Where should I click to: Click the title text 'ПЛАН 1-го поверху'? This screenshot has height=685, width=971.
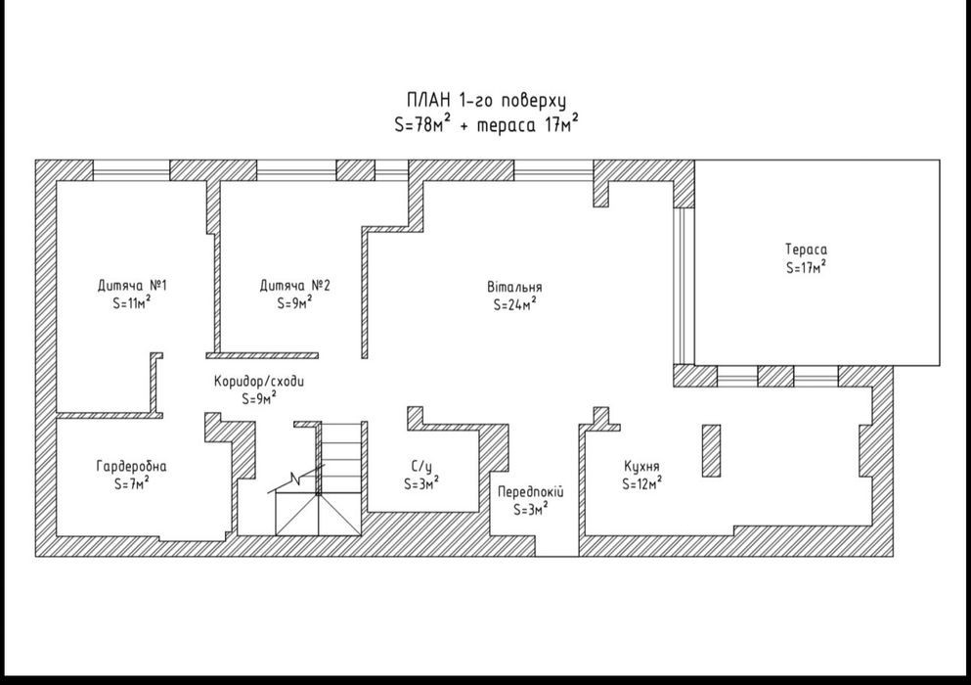click(486, 101)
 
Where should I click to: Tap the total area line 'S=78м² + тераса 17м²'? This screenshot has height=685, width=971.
click(486, 124)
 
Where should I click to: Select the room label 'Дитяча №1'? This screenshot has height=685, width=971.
click(132, 286)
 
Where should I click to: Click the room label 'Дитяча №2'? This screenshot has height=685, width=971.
click(294, 286)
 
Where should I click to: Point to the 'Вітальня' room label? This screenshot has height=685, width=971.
click(514, 287)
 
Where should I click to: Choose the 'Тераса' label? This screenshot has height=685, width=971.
click(807, 250)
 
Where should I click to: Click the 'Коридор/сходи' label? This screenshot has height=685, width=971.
click(259, 381)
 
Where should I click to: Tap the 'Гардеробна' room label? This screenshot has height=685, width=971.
click(131, 466)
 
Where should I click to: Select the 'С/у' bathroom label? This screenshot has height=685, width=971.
click(421, 466)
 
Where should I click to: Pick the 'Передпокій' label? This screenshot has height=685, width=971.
click(531, 492)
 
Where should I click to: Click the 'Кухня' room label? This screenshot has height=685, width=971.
click(641, 466)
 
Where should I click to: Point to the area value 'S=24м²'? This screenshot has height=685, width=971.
click(514, 303)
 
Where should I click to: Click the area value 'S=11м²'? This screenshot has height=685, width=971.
click(132, 303)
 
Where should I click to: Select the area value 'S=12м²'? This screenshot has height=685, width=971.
click(642, 482)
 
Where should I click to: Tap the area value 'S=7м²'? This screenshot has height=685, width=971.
click(131, 482)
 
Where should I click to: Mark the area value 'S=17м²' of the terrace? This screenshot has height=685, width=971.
click(807, 266)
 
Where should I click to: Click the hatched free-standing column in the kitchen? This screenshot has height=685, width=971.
click(711, 451)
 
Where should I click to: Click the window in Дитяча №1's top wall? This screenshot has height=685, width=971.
click(131, 170)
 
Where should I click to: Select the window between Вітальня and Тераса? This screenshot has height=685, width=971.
click(684, 285)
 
